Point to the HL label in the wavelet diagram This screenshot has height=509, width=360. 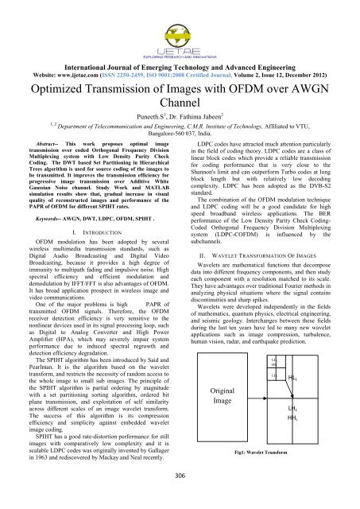292,378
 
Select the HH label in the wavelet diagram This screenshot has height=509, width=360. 292,417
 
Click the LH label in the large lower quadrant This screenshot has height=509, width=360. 292,406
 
